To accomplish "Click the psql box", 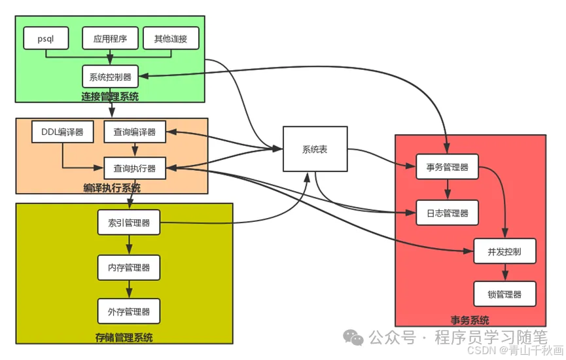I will (x=46, y=39).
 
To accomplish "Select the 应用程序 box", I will (x=110, y=39).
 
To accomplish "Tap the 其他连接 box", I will (x=171, y=39).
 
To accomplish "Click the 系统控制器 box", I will (x=110, y=77).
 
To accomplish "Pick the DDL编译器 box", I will (x=63, y=132).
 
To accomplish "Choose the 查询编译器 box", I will (x=135, y=132).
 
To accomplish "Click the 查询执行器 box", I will (x=135, y=168).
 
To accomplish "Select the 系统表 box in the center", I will (x=314, y=149).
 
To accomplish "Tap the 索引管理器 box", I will (x=129, y=223).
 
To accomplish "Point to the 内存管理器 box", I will (x=129, y=267).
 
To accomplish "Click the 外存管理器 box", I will (x=129, y=311).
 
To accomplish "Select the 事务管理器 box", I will (x=448, y=167).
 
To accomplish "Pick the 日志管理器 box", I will (x=448, y=213).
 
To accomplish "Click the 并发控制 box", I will (x=504, y=251).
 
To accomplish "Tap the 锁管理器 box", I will (x=504, y=294).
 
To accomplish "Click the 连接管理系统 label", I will (x=110, y=97).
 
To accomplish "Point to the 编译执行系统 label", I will (x=112, y=189).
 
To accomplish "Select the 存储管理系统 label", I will (x=124, y=338).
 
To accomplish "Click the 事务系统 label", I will (x=470, y=320).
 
